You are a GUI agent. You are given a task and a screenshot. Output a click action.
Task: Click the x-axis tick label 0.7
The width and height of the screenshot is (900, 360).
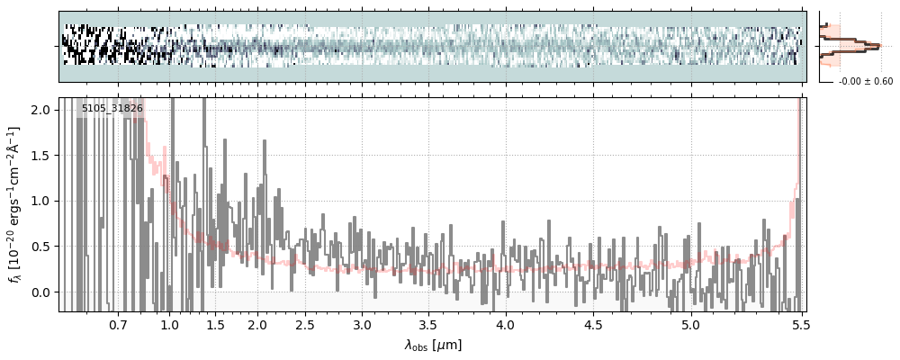[117, 324]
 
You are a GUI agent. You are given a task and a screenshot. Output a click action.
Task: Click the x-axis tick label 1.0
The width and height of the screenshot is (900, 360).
[169, 324]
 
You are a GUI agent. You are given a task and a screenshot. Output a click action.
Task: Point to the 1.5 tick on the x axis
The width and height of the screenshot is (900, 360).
[216, 324]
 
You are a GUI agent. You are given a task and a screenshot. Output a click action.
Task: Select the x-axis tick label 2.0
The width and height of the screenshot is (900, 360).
[257, 324]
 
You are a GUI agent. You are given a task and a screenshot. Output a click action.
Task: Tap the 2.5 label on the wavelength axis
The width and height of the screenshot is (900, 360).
[305, 324]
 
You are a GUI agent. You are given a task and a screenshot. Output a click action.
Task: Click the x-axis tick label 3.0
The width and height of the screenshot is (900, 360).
[362, 324]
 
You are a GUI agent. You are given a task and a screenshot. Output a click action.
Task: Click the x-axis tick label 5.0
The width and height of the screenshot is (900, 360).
[690, 324]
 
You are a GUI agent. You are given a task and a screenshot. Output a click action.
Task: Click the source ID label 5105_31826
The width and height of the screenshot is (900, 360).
[112, 109]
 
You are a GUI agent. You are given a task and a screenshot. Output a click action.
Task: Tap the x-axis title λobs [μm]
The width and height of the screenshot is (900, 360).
[433, 345]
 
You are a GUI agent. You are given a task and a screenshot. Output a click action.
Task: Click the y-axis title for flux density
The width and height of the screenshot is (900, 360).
[15, 204]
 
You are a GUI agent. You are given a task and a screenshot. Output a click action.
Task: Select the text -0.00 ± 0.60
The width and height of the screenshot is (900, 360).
[865, 82]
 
